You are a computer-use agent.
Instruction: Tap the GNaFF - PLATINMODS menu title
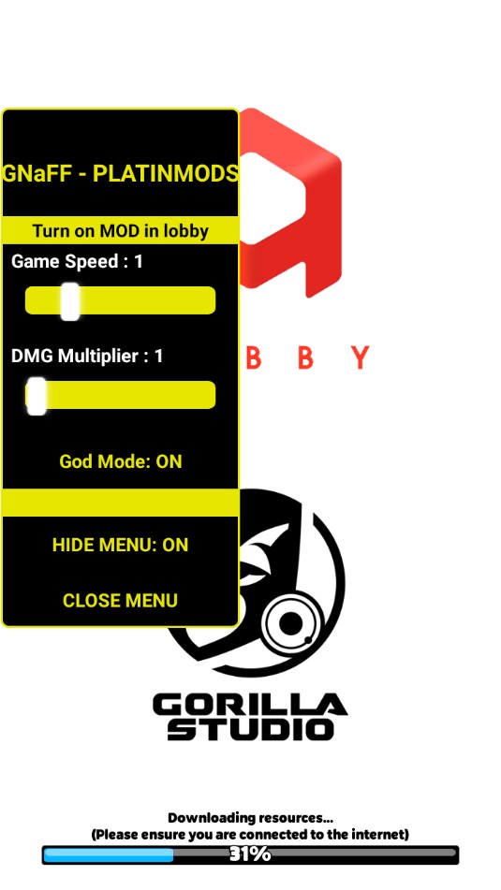pyautogui.click(x=120, y=174)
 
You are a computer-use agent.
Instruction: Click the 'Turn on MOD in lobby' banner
pyautogui.click(x=120, y=231)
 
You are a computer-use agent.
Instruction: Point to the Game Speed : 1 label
pyautogui.click(x=77, y=262)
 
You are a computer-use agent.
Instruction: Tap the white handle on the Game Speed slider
pyautogui.click(x=70, y=301)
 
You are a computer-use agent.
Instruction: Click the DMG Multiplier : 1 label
pyautogui.click(x=87, y=357)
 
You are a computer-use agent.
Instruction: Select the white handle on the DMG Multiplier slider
pyautogui.click(x=37, y=396)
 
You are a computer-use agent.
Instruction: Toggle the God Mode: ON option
pyautogui.click(x=121, y=461)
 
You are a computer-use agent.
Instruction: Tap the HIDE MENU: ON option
pyautogui.click(x=120, y=545)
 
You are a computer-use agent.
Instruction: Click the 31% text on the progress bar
pyautogui.click(x=250, y=854)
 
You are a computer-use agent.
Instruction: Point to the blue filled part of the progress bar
pyautogui.click(x=109, y=854)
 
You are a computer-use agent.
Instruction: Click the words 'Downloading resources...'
pyautogui.click(x=250, y=818)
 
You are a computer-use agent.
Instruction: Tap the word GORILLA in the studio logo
pyautogui.click(x=250, y=706)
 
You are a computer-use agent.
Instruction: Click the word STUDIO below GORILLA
pyautogui.click(x=250, y=729)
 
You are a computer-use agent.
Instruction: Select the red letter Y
pyautogui.click(x=360, y=357)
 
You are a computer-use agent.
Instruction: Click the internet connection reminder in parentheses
pyautogui.click(x=250, y=835)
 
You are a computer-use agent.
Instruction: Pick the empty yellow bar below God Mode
pyautogui.click(x=120, y=502)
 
